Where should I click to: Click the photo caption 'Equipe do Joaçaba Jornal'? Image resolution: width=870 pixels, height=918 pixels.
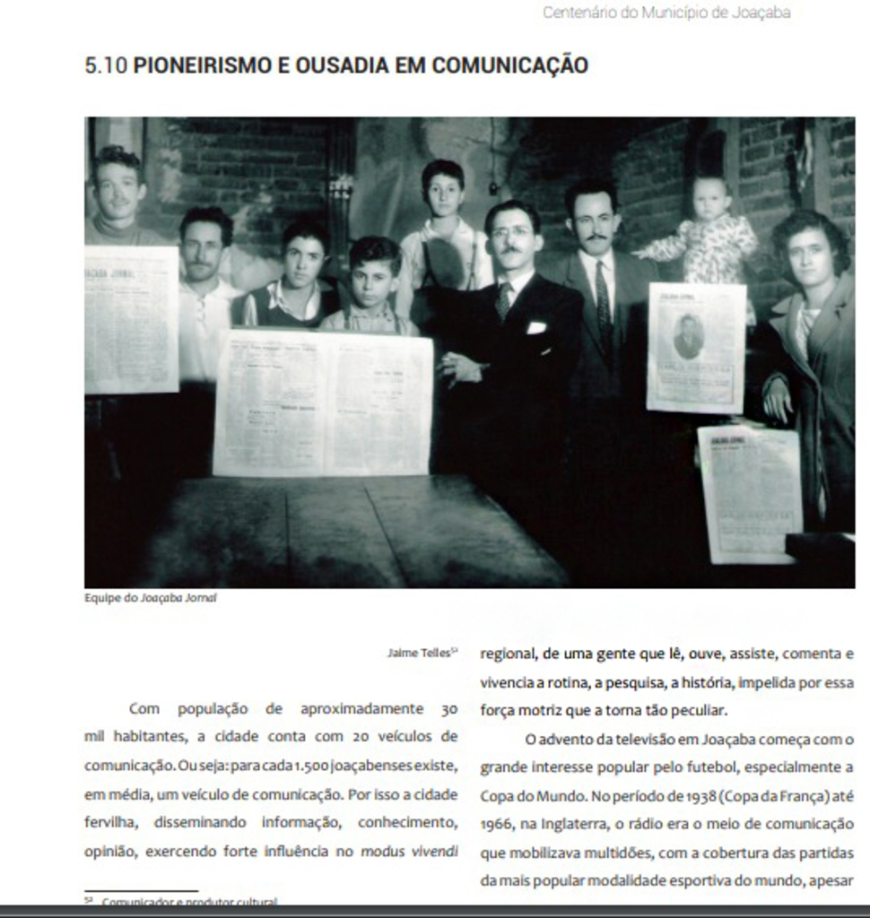[x=151, y=598]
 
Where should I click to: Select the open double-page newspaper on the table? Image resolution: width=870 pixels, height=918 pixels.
[x=323, y=402]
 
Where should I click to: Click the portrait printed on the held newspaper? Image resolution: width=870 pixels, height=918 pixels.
[x=688, y=337]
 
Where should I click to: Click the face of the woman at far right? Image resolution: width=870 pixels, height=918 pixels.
[x=810, y=255]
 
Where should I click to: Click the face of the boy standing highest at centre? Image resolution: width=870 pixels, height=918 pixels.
[x=444, y=192]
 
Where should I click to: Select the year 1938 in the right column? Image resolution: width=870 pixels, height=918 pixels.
[x=698, y=796]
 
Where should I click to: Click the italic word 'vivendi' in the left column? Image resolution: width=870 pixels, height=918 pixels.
[x=434, y=852]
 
